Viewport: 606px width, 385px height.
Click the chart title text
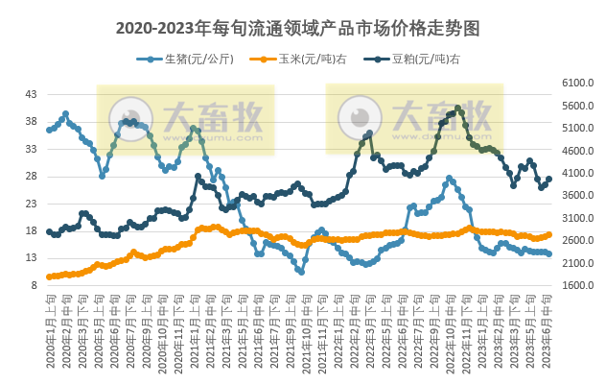303,28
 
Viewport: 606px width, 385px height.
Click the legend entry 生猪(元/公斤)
193,59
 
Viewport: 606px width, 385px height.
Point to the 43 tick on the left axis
31,94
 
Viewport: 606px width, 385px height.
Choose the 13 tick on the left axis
31,258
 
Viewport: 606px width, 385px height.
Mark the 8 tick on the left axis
34,285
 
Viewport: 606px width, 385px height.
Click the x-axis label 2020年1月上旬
50,331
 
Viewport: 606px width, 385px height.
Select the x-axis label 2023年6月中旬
548,331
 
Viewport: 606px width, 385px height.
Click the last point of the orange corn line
548,235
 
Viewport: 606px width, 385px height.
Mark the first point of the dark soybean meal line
49,231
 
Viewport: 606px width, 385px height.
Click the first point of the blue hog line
49,130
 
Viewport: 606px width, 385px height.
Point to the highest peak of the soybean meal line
458,108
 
